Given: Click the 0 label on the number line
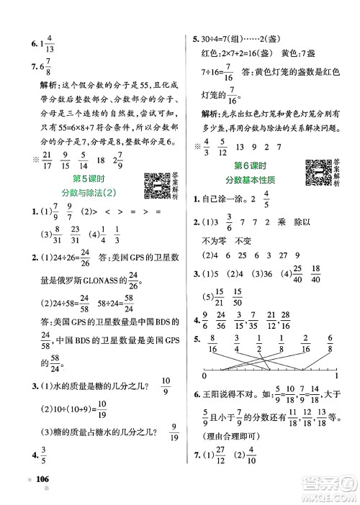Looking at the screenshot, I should tap(206, 375).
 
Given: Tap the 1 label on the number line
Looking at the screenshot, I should tap(337, 375).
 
